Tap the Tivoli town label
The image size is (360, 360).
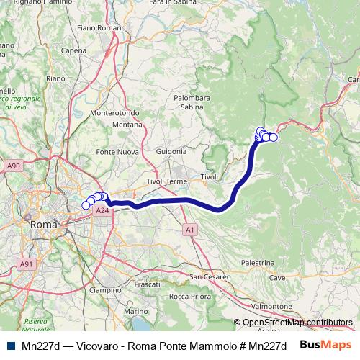click(x=209, y=177)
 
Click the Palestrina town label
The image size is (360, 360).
click(x=258, y=264)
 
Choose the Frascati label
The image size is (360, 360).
click(x=147, y=284)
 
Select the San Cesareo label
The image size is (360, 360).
click(x=210, y=276)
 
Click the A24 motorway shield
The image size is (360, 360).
click(x=102, y=211)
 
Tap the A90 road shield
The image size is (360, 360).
click(x=13, y=166)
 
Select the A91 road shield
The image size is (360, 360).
click(x=27, y=264)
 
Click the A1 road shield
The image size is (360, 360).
click(x=189, y=230)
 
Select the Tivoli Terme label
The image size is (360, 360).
click(x=166, y=181)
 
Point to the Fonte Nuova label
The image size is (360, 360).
click(x=117, y=152)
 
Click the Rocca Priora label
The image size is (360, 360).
click(x=189, y=296)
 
